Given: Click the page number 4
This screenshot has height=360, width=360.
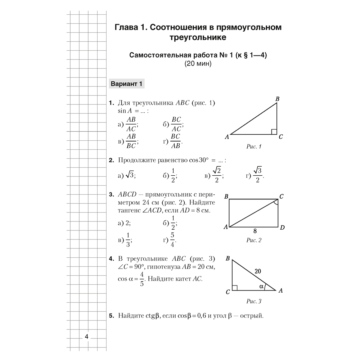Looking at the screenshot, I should pyautogui.click(x=86, y=337).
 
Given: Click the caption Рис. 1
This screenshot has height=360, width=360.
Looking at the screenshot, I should pyautogui.click(x=254, y=147).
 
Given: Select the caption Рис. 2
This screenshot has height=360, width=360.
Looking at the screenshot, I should pyautogui.click(x=254, y=240).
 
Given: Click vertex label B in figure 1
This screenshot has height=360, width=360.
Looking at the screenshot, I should pyautogui.click(x=278, y=99).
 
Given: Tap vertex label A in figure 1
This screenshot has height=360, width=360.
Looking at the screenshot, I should pyautogui.click(x=227, y=137).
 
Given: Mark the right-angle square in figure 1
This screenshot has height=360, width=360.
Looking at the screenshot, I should pyautogui.click(x=274, y=131).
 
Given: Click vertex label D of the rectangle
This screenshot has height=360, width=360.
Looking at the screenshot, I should pyautogui.click(x=283, y=228).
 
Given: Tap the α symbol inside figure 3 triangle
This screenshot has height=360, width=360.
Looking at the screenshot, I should pyautogui.click(x=262, y=287).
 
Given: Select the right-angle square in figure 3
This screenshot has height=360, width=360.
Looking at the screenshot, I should pyautogui.click(x=235, y=287).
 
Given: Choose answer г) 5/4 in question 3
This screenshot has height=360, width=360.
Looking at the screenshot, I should pyautogui.click(x=170, y=239).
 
